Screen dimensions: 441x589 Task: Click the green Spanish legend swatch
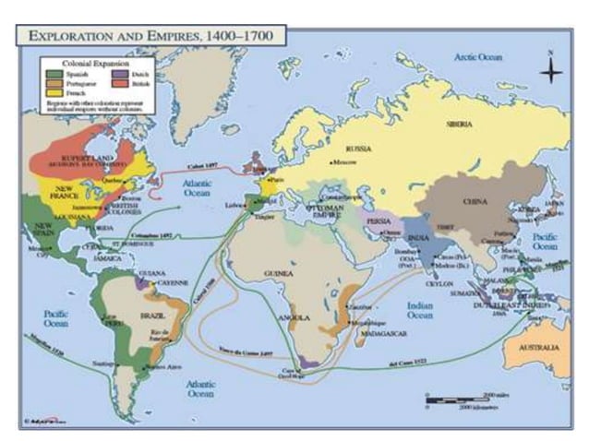52,72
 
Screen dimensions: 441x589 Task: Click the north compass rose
551,70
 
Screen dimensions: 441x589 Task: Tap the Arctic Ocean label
477,57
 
